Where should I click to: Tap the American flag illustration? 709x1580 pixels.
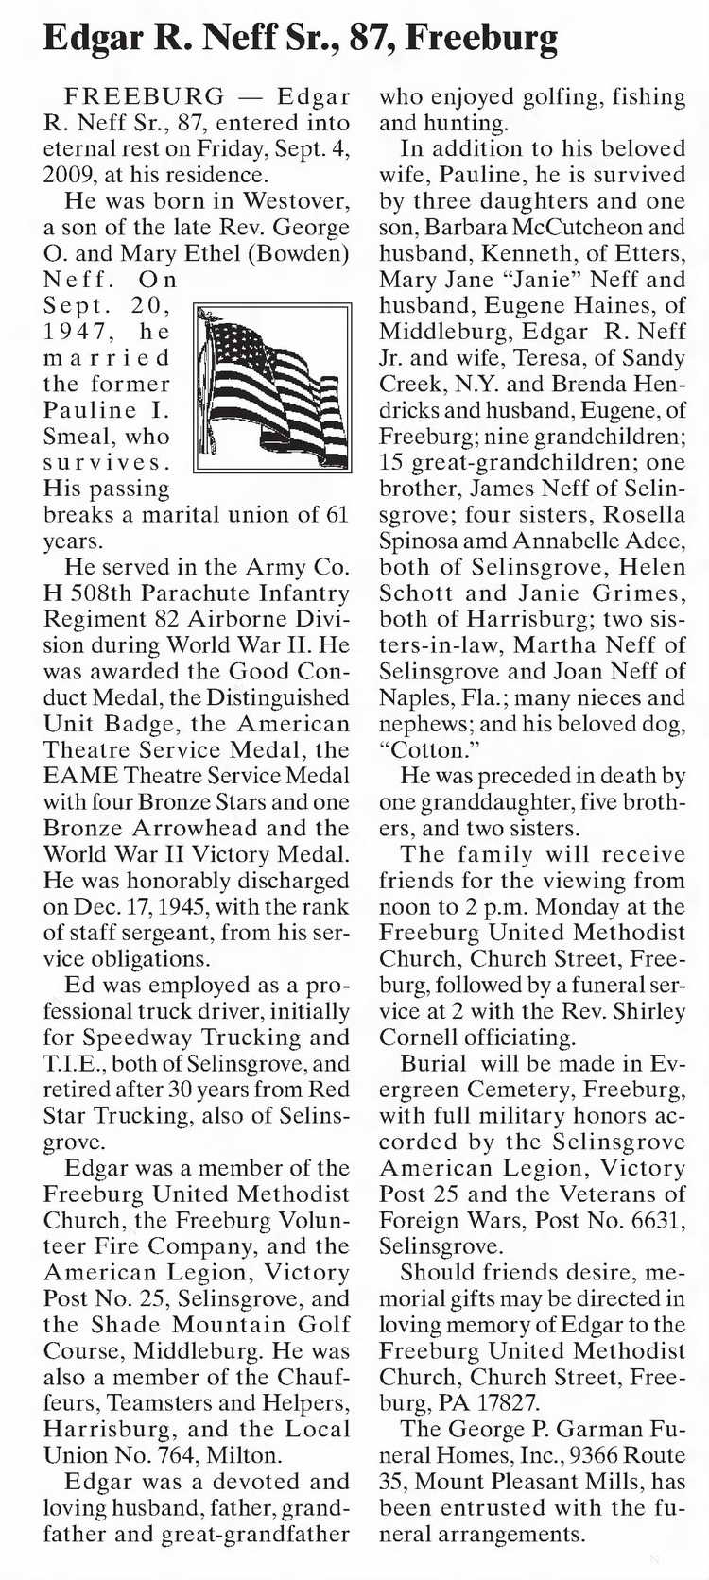[x=272, y=387]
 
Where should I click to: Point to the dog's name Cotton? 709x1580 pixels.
[x=423, y=749]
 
